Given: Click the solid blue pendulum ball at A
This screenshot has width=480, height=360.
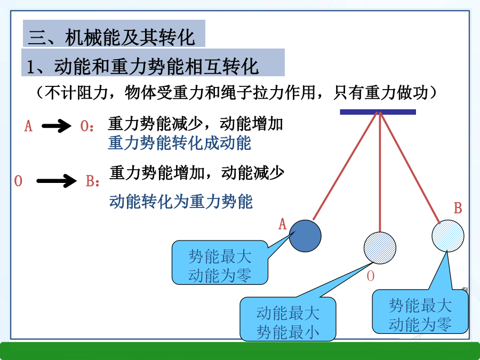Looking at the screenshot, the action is pyautogui.click(x=305, y=236).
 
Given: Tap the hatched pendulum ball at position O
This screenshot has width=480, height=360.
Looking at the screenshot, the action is pyautogui.click(x=380, y=248).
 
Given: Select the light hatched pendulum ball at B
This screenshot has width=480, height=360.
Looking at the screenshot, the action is pyautogui.click(x=448, y=236).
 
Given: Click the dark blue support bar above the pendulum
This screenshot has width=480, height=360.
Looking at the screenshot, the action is pyautogui.click(x=378, y=112).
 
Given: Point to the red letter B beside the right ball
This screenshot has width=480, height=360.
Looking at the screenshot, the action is pyautogui.click(x=458, y=208).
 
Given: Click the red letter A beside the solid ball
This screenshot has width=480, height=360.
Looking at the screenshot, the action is pyautogui.click(x=282, y=224).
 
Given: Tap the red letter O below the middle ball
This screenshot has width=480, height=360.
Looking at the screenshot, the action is pyautogui.click(x=371, y=276).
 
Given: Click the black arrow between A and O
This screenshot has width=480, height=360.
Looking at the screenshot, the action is pyautogui.click(x=57, y=125).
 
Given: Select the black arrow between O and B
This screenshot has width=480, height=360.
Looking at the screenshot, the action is pyautogui.click(x=57, y=181).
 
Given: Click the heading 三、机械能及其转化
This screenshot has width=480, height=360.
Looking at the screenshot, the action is pyautogui.click(x=111, y=37).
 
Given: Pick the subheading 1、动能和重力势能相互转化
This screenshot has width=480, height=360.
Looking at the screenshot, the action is pyautogui.click(x=142, y=66).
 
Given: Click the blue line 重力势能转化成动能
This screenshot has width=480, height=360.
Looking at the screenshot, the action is pyautogui.click(x=180, y=143).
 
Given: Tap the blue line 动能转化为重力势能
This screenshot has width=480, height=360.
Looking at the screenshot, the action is pyautogui.click(x=181, y=202).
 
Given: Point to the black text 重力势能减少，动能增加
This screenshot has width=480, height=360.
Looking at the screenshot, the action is pyautogui.click(x=195, y=124).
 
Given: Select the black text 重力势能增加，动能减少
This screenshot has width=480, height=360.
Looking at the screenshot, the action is pyautogui.click(x=196, y=173).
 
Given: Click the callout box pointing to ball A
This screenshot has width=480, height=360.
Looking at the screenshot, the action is pyautogui.click(x=220, y=262).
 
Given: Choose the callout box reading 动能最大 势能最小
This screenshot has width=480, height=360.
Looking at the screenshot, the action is pyautogui.click(x=288, y=319).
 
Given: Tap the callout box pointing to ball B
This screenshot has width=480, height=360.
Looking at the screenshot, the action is pyautogui.click(x=420, y=311).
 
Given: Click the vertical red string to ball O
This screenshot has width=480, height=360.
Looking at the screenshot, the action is pyautogui.click(x=380, y=172).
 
